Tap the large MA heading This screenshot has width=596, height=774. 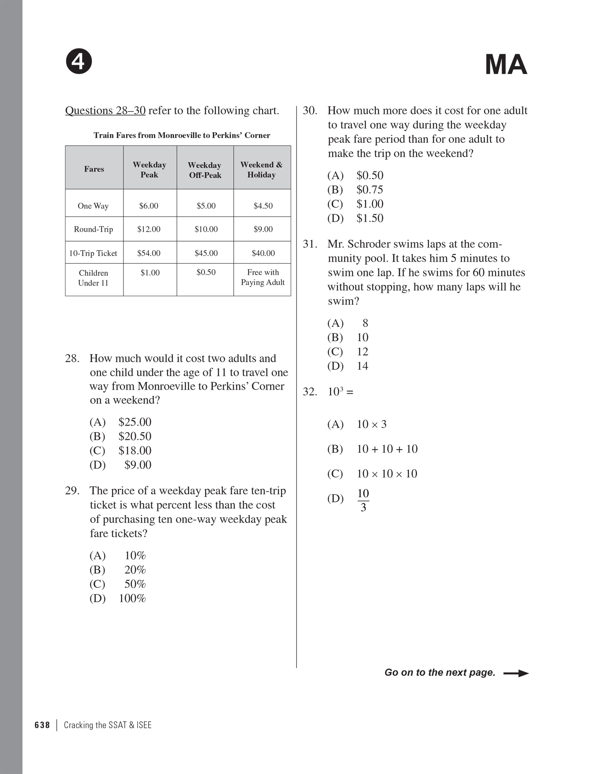[506, 65]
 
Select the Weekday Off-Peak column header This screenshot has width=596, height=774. [205, 170]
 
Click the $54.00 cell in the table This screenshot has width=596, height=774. [149, 253]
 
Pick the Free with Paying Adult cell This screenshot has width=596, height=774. [262, 277]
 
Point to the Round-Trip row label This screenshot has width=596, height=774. [93, 229]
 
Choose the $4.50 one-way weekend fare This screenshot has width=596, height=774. [263, 206]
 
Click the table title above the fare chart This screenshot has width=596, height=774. [182, 135]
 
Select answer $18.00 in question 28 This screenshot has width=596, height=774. [135, 451]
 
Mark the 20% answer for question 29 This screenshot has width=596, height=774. [135, 570]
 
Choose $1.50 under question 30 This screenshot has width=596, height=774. [370, 218]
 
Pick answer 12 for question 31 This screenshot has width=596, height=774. [362, 352]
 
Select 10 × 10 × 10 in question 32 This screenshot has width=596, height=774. [387, 474]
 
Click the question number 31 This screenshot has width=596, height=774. [310, 244]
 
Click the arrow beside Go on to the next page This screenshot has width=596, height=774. [516, 673]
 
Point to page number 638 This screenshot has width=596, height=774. [42, 725]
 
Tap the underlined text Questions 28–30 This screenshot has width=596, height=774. [105, 110]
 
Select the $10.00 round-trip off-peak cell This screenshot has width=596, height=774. [206, 229]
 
